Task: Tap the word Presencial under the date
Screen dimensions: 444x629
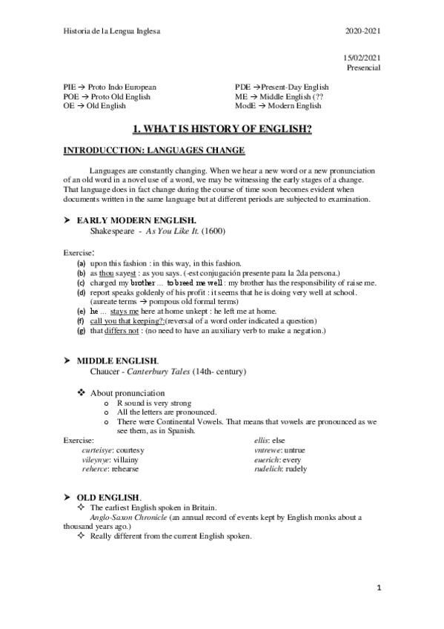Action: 363,67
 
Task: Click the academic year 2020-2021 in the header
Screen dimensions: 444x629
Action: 363,30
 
